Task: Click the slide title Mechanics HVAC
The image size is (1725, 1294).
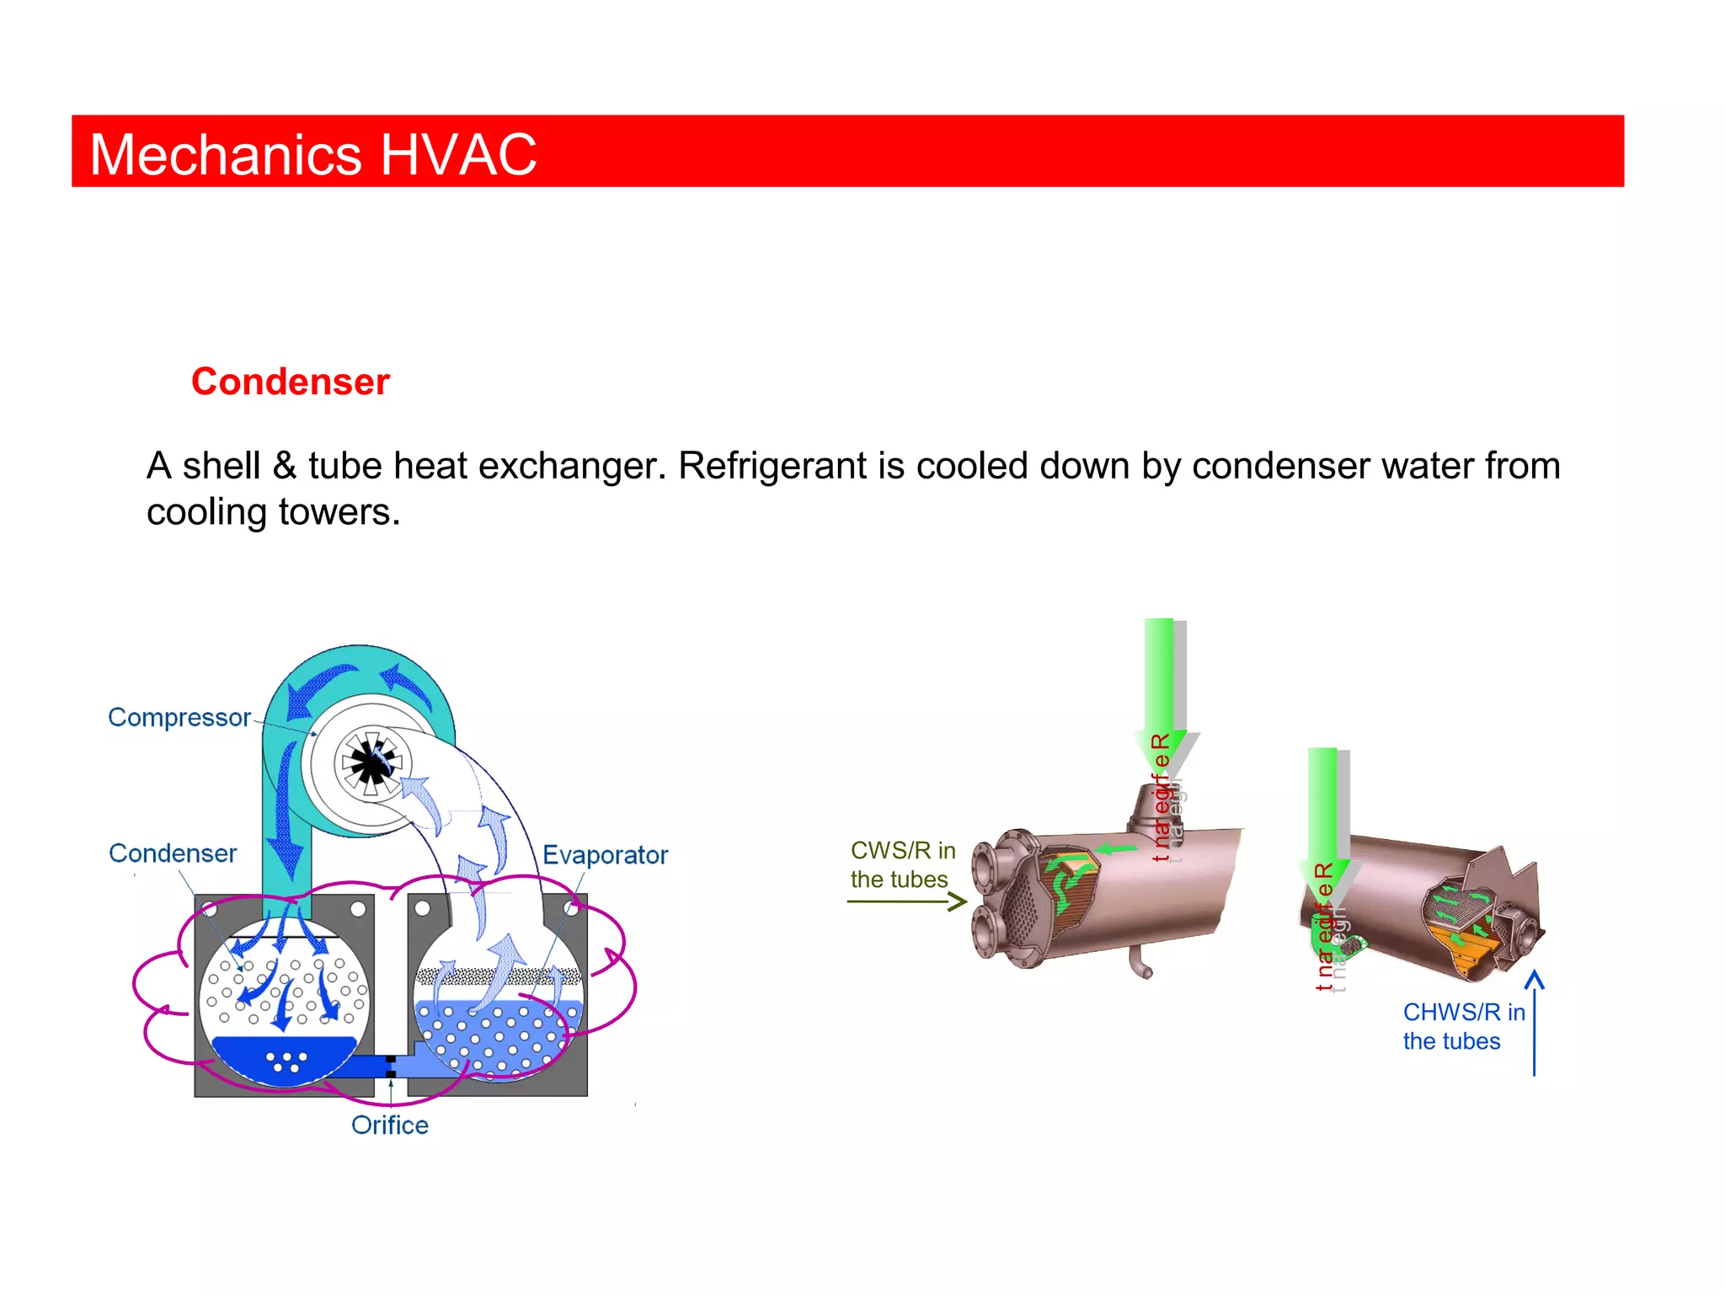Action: click(x=312, y=155)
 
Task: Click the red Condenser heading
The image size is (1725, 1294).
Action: click(x=291, y=382)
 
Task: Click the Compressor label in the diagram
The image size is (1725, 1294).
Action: click(x=179, y=717)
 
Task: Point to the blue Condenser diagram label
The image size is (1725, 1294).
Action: click(x=173, y=853)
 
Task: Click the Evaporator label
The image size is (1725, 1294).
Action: click(x=605, y=855)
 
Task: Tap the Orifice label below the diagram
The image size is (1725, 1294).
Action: click(x=390, y=1126)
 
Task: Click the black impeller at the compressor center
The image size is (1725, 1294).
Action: click(x=370, y=762)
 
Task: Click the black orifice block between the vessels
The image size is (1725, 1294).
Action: click(x=391, y=1067)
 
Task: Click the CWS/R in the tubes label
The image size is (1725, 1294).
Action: click(x=902, y=865)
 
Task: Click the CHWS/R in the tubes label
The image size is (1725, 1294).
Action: click(x=1463, y=1026)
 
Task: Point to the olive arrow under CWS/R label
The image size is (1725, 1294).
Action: click(x=906, y=902)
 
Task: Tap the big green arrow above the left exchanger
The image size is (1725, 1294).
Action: click(x=1159, y=682)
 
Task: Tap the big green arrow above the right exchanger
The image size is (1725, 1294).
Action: click(x=1322, y=809)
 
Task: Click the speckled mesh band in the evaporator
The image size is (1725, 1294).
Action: click(x=499, y=976)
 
